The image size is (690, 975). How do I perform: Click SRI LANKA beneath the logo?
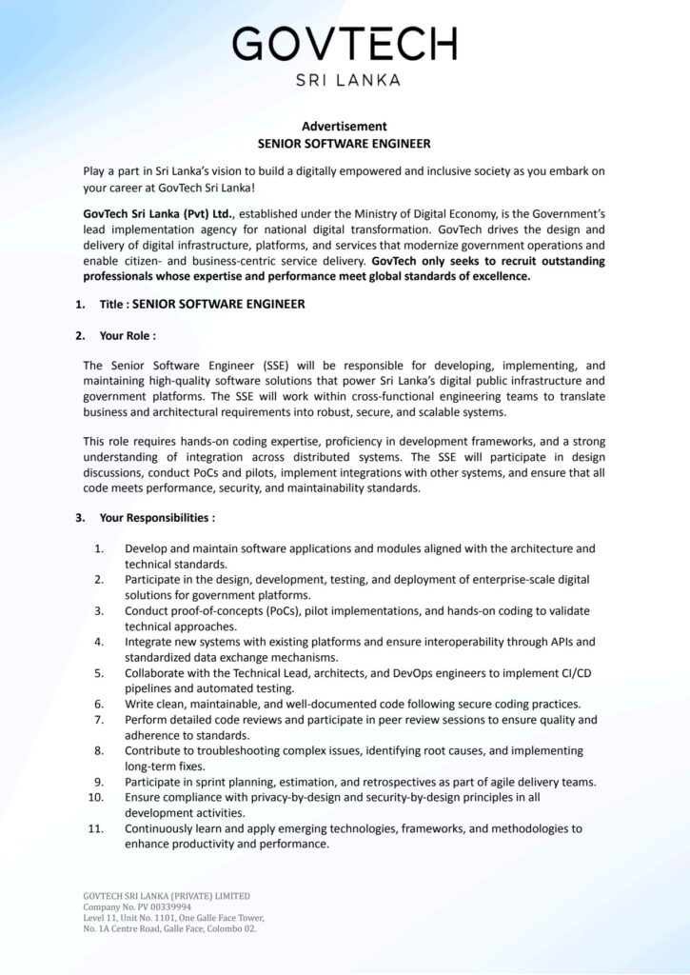[345, 81]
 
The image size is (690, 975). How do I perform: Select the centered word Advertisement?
[345, 126]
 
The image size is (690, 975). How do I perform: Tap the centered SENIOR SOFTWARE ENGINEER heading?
[345, 144]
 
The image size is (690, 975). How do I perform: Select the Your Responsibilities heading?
[156, 518]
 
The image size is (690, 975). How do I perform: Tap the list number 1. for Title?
[81, 305]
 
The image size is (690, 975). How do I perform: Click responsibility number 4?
[99, 642]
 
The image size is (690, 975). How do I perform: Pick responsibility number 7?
[99, 720]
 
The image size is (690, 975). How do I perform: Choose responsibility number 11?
[96, 828]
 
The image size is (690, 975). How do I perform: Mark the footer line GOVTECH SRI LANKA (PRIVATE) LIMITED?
[167, 896]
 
